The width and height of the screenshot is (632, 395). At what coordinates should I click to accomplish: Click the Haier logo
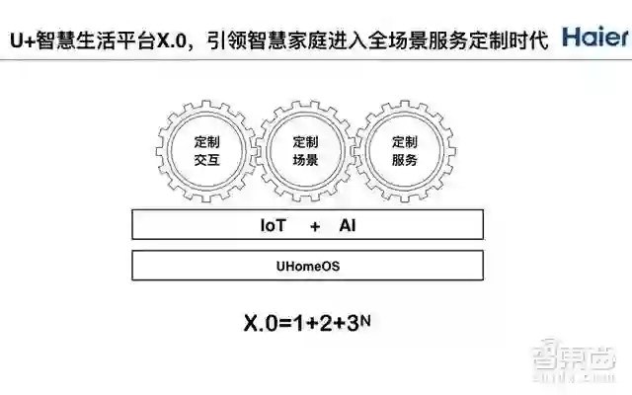point(593,38)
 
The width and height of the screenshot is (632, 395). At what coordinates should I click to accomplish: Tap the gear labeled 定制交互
point(207,149)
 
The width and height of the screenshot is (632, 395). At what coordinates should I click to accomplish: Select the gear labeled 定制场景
point(306,149)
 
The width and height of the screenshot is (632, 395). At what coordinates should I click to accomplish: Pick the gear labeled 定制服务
point(405,149)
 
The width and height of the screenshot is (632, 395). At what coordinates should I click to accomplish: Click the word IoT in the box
point(274,225)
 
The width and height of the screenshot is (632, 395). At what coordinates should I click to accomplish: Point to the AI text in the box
point(348,225)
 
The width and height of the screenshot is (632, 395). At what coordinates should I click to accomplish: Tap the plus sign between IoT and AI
point(315,226)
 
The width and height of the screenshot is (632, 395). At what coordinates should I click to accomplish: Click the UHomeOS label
point(307,266)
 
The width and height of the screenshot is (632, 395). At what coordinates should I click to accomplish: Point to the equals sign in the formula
point(286,324)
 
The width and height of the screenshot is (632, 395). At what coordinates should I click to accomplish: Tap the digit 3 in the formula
point(351,323)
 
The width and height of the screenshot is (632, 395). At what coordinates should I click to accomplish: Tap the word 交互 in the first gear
point(207,160)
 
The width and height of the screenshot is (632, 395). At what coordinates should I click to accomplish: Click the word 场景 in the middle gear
point(306,160)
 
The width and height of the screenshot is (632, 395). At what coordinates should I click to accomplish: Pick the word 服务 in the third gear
point(405,160)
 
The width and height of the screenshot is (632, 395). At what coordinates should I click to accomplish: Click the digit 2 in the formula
point(324,323)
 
